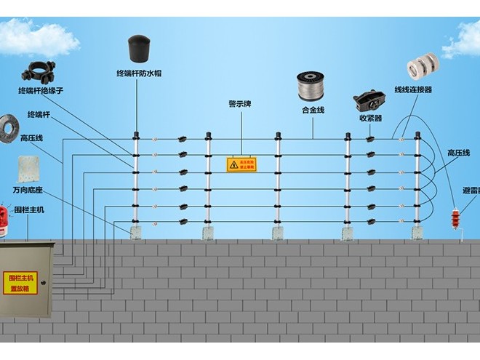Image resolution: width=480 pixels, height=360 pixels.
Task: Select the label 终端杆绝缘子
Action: [x=41, y=92]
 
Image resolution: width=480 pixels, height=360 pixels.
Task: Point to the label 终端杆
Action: [x=38, y=115]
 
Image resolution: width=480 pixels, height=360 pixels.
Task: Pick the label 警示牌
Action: [x=240, y=104]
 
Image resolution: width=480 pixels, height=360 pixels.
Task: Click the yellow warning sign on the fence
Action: [x=241, y=164]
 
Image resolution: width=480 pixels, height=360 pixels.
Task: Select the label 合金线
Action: [x=313, y=110]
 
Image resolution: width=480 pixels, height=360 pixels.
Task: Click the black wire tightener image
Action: [x=369, y=100]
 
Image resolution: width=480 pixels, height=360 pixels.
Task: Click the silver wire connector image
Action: [x=423, y=67]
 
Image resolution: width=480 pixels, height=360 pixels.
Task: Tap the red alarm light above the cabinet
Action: [x=4, y=216]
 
